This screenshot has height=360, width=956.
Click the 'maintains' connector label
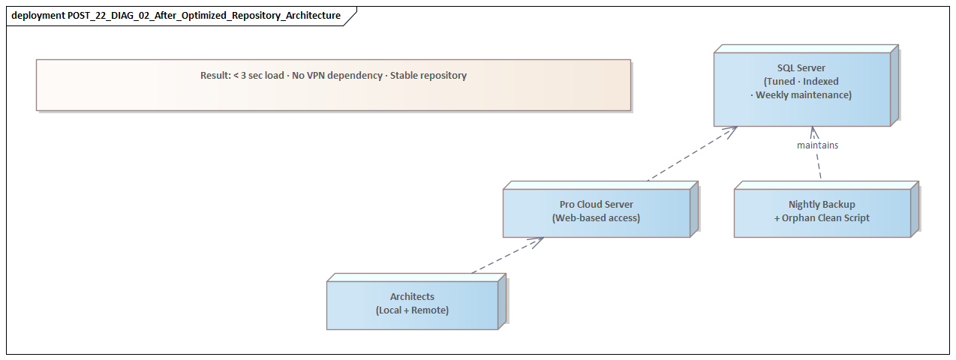click(x=817, y=145)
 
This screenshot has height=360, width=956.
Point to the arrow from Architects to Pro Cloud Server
click(x=507, y=256)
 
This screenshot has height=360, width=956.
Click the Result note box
click(x=333, y=94)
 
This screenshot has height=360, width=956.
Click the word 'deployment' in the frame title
click(x=38, y=16)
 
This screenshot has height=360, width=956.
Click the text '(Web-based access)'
click(x=596, y=218)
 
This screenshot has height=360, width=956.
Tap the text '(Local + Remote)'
click(x=412, y=310)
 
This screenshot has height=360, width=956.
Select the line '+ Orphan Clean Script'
click(x=822, y=218)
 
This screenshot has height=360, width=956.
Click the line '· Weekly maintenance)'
click(x=801, y=95)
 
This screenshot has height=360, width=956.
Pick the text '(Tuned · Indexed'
click(x=801, y=82)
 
